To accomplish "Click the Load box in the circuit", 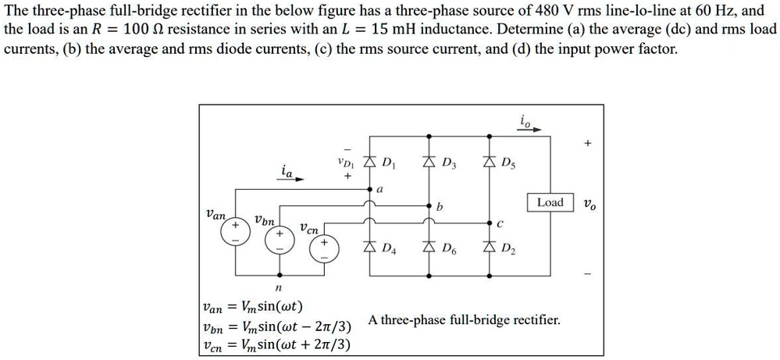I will tap(550, 202).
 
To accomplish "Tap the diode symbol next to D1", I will tap(371, 162).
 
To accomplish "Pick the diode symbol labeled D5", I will tap(490, 162).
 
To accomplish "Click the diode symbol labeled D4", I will tap(371, 248).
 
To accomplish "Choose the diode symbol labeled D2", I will tap(490, 248).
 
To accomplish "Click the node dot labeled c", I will tap(490, 221).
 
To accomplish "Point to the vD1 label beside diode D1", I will tap(344, 164).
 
